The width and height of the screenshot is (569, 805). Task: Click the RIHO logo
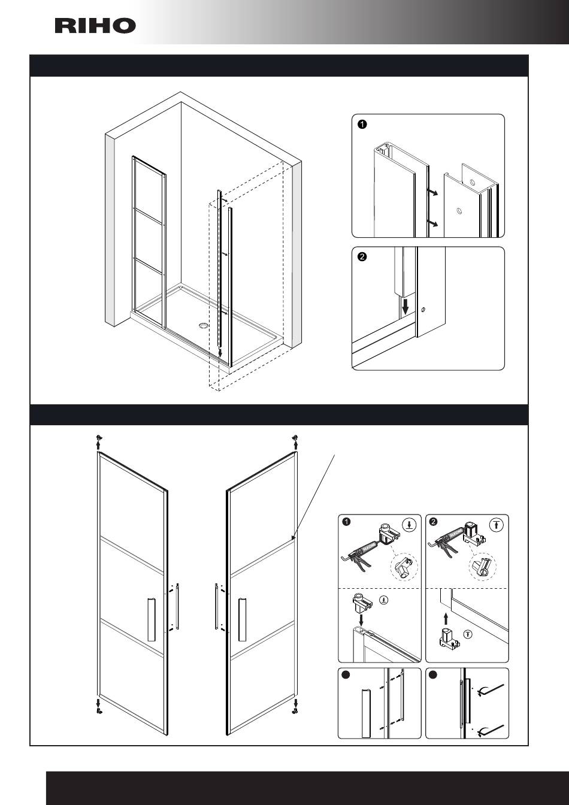coord(95,26)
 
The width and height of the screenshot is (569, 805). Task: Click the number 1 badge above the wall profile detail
coord(362,125)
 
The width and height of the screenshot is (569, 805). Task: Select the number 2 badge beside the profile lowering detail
coord(362,257)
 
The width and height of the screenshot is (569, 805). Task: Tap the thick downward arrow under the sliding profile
coord(405,306)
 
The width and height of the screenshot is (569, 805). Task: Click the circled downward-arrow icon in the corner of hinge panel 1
coord(408,525)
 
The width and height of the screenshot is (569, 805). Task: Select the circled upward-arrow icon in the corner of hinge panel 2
coord(496,525)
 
